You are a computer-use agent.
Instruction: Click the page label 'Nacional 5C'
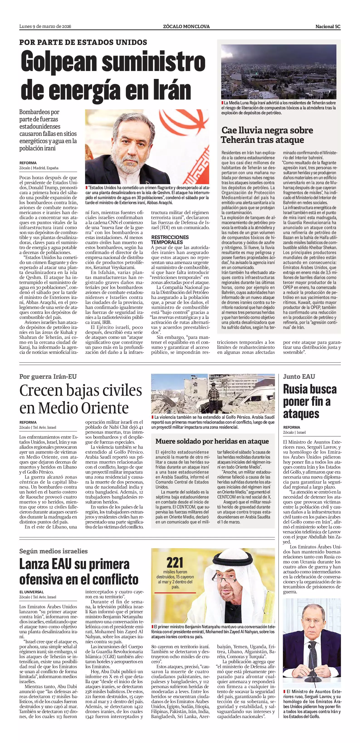click(x=328, y=27)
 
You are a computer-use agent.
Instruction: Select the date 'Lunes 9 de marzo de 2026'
click(x=45, y=27)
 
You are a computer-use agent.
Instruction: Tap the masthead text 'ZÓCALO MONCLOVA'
click(x=186, y=27)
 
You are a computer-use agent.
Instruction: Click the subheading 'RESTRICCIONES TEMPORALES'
click(x=170, y=240)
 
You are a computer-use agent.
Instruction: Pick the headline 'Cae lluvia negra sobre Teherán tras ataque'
click(x=267, y=135)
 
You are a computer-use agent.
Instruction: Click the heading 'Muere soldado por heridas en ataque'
click(x=212, y=441)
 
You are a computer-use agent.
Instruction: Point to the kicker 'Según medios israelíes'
click(x=53, y=551)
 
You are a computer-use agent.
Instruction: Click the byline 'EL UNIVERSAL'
click(x=32, y=592)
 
